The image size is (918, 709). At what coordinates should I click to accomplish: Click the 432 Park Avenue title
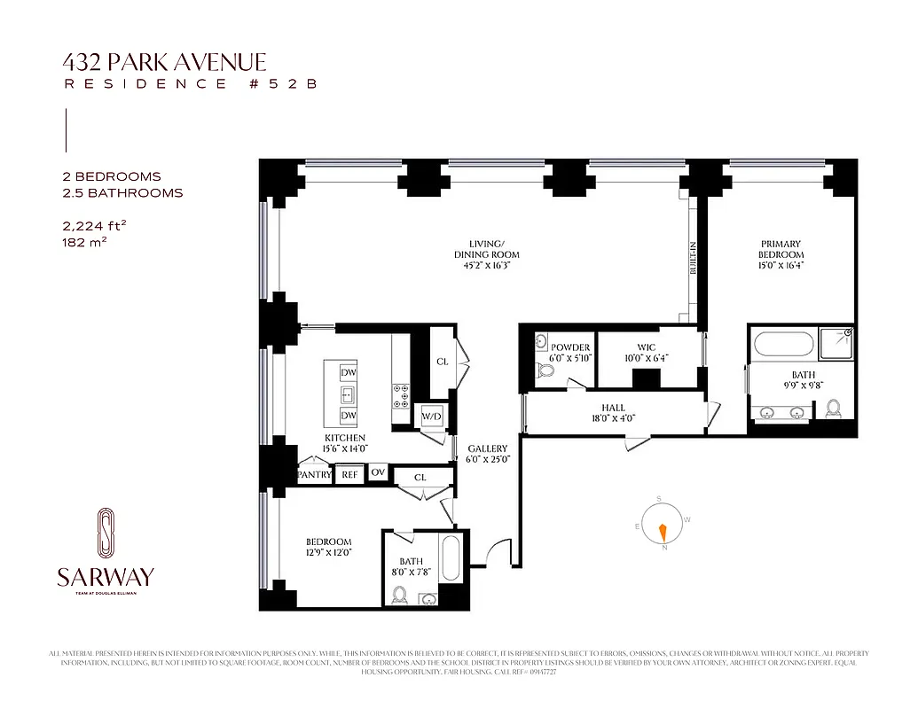(x=164, y=62)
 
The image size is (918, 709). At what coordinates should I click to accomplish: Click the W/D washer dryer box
(x=431, y=416)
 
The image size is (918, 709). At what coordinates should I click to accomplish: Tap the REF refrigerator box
(x=349, y=475)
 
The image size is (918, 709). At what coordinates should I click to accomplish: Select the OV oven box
(x=379, y=472)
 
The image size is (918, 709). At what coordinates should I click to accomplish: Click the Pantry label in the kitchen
(x=314, y=475)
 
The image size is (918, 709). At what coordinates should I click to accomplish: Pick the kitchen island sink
(x=349, y=394)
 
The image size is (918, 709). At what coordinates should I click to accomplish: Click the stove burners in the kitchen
(x=400, y=393)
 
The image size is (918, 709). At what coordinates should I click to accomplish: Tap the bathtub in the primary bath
(x=781, y=345)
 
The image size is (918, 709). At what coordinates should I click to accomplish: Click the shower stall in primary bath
(x=836, y=343)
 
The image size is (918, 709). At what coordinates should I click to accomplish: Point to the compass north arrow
(x=661, y=532)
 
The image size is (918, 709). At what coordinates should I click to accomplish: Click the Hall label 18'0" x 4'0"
(x=614, y=413)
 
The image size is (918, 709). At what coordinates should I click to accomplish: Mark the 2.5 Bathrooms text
(x=117, y=192)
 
